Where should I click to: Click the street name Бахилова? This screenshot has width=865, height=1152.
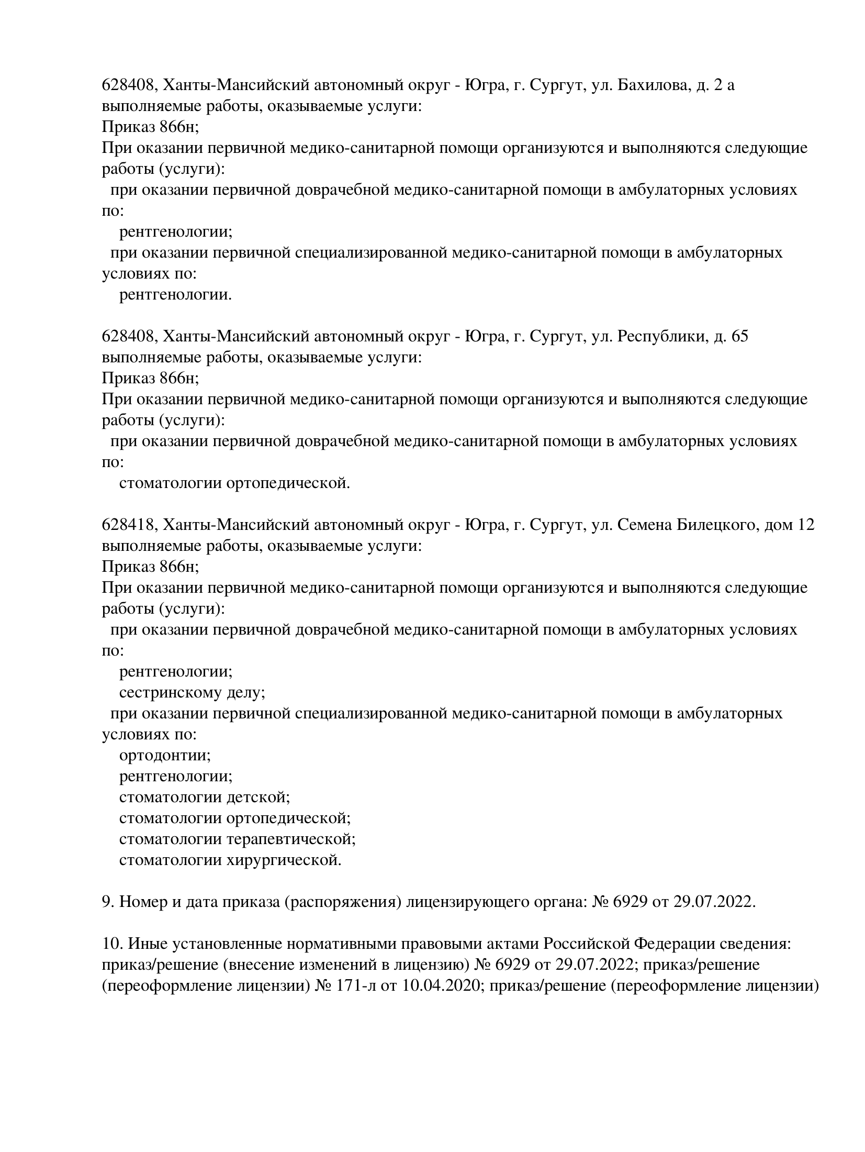[x=651, y=84]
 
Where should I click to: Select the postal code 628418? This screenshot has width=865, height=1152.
[x=128, y=524]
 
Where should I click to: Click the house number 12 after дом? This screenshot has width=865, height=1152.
[x=805, y=524]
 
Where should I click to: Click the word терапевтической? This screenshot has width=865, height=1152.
[x=291, y=839]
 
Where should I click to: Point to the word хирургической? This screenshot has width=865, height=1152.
[x=284, y=860]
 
